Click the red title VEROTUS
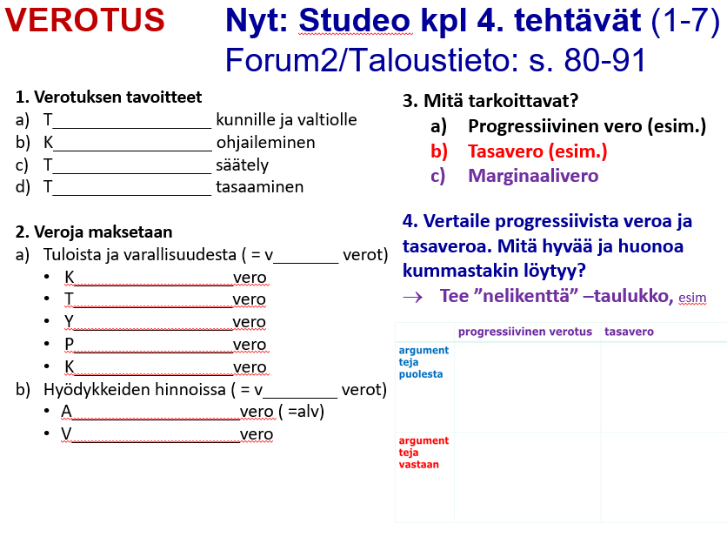click(85, 19)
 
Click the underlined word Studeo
click(355, 20)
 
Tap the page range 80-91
click(604, 60)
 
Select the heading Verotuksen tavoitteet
click(117, 97)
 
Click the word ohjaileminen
click(266, 143)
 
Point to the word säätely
click(242, 165)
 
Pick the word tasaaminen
click(260, 186)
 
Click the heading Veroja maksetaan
click(103, 232)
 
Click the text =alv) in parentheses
click(305, 411)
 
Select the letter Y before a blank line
click(69, 321)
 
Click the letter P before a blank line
click(69, 344)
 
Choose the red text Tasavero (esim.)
click(537, 151)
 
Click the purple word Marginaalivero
click(533, 176)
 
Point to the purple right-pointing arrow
click(413, 297)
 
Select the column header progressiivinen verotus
click(525, 332)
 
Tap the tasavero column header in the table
click(629, 332)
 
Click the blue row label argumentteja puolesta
click(424, 362)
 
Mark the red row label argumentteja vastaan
click(424, 453)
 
